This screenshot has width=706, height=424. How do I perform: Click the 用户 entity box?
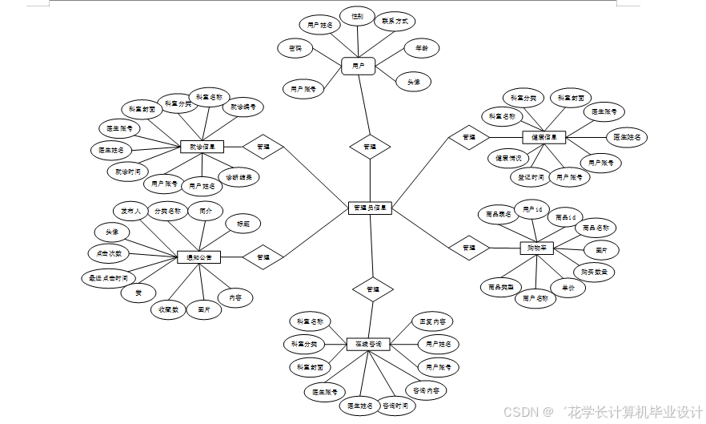tap(359, 67)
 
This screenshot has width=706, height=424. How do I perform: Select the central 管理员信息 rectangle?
tap(371, 208)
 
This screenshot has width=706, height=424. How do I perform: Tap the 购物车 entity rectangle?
tap(536, 248)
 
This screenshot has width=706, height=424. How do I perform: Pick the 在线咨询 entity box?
tap(368, 344)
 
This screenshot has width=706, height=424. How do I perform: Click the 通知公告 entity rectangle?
tap(199, 257)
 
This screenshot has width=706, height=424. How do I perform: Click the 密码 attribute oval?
tap(295, 49)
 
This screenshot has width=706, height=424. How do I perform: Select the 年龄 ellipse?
tap(420, 49)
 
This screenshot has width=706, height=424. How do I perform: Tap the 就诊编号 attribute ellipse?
tap(243, 107)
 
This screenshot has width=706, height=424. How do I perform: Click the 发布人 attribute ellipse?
tap(130, 212)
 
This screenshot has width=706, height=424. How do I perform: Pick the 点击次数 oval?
tap(108, 253)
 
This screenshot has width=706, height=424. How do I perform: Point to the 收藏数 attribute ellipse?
tap(167, 309)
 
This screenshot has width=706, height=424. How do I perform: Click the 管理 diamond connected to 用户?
tap(370, 147)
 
